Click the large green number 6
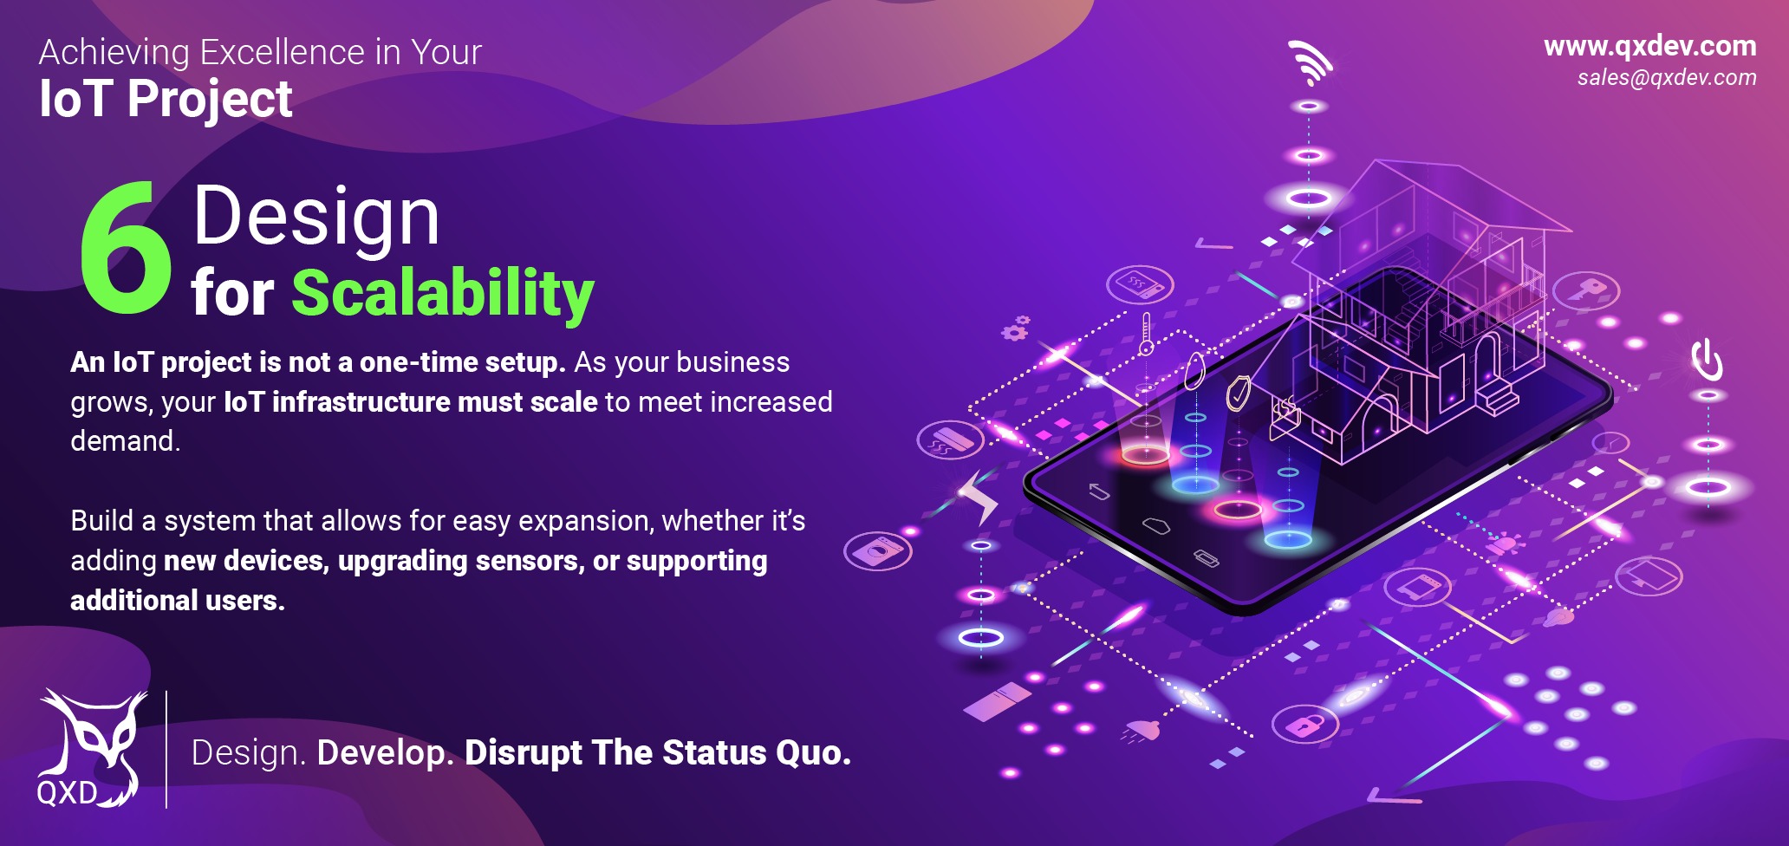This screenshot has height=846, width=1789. click(x=126, y=251)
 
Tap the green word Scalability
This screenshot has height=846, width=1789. click(x=442, y=293)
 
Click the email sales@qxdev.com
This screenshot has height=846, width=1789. click(x=1666, y=78)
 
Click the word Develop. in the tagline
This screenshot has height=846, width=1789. click(x=386, y=752)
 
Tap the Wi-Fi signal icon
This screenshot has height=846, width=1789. click(x=1311, y=62)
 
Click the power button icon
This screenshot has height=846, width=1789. click(x=1708, y=360)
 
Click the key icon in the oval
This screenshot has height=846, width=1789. click(x=1586, y=290)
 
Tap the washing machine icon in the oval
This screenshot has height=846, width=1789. click(x=878, y=551)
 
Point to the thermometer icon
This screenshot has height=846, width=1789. click(x=1147, y=334)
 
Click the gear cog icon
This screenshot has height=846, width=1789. click(x=1015, y=329)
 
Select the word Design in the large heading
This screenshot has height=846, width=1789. click(x=316, y=217)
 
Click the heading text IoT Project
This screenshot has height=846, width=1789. click(x=166, y=99)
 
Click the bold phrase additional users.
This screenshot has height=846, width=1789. click(x=178, y=600)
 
